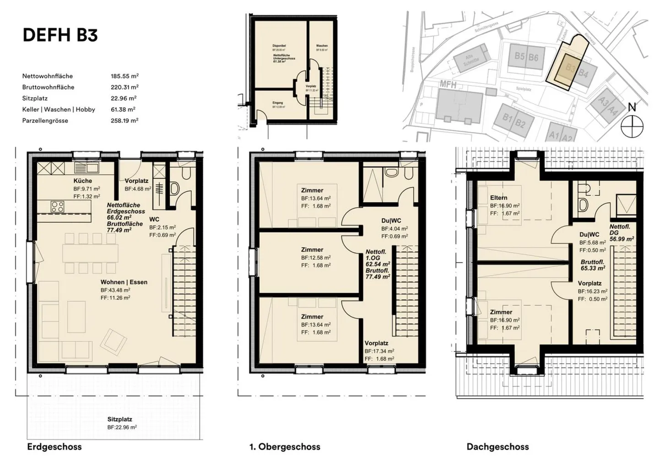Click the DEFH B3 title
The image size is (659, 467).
pyautogui.click(x=60, y=35)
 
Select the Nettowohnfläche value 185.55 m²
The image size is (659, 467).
pyautogui.click(x=124, y=76)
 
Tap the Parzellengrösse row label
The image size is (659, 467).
pyautogui.click(x=45, y=121)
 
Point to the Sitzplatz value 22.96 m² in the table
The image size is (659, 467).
pyautogui.click(x=124, y=98)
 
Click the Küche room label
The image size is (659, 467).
pyautogui.click(x=82, y=181)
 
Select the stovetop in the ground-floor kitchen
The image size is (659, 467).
pyautogui.click(x=58, y=207)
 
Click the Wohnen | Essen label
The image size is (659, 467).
pyautogui.click(x=124, y=282)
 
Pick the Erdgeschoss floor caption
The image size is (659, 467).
pyautogui.click(x=54, y=446)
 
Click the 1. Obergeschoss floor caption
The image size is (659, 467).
pyautogui.click(x=285, y=446)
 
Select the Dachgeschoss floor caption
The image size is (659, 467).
pyautogui.click(x=497, y=446)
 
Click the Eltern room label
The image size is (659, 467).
pyautogui.click(x=498, y=198)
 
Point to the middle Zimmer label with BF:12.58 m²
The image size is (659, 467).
pyautogui.click(x=312, y=250)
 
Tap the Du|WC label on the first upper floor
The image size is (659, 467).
pyautogui.click(x=391, y=220)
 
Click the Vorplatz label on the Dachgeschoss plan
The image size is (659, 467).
pyautogui.click(x=589, y=283)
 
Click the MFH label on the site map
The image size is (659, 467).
pyautogui.click(x=448, y=84)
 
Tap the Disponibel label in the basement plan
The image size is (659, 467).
pyautogui.click(x=279, y=46)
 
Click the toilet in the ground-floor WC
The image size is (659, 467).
pyautogui.click(x=174, y=188)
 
